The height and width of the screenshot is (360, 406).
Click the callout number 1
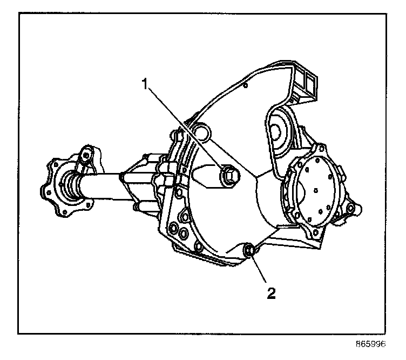[x=144, y=83]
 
